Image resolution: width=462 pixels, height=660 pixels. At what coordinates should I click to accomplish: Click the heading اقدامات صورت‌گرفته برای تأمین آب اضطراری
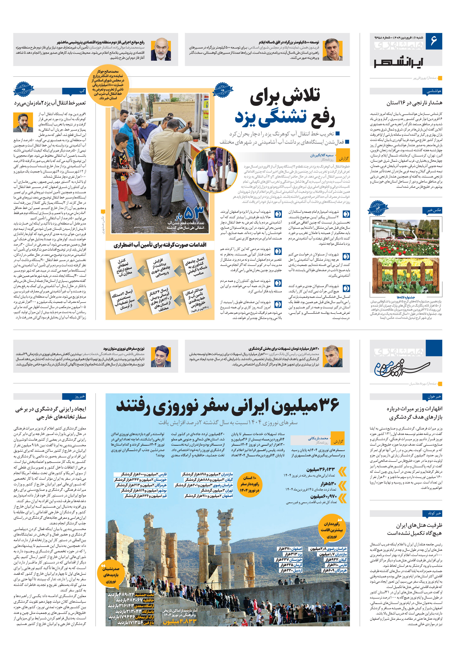click(x=160, y=245)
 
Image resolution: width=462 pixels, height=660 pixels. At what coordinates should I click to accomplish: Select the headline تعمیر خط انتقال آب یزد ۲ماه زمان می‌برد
click(x=50, y=103)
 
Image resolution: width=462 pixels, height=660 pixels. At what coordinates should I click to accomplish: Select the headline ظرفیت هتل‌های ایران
click(x=419, y=525)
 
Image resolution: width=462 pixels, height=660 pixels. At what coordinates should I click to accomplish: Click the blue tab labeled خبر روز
click(x=74, y=396)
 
